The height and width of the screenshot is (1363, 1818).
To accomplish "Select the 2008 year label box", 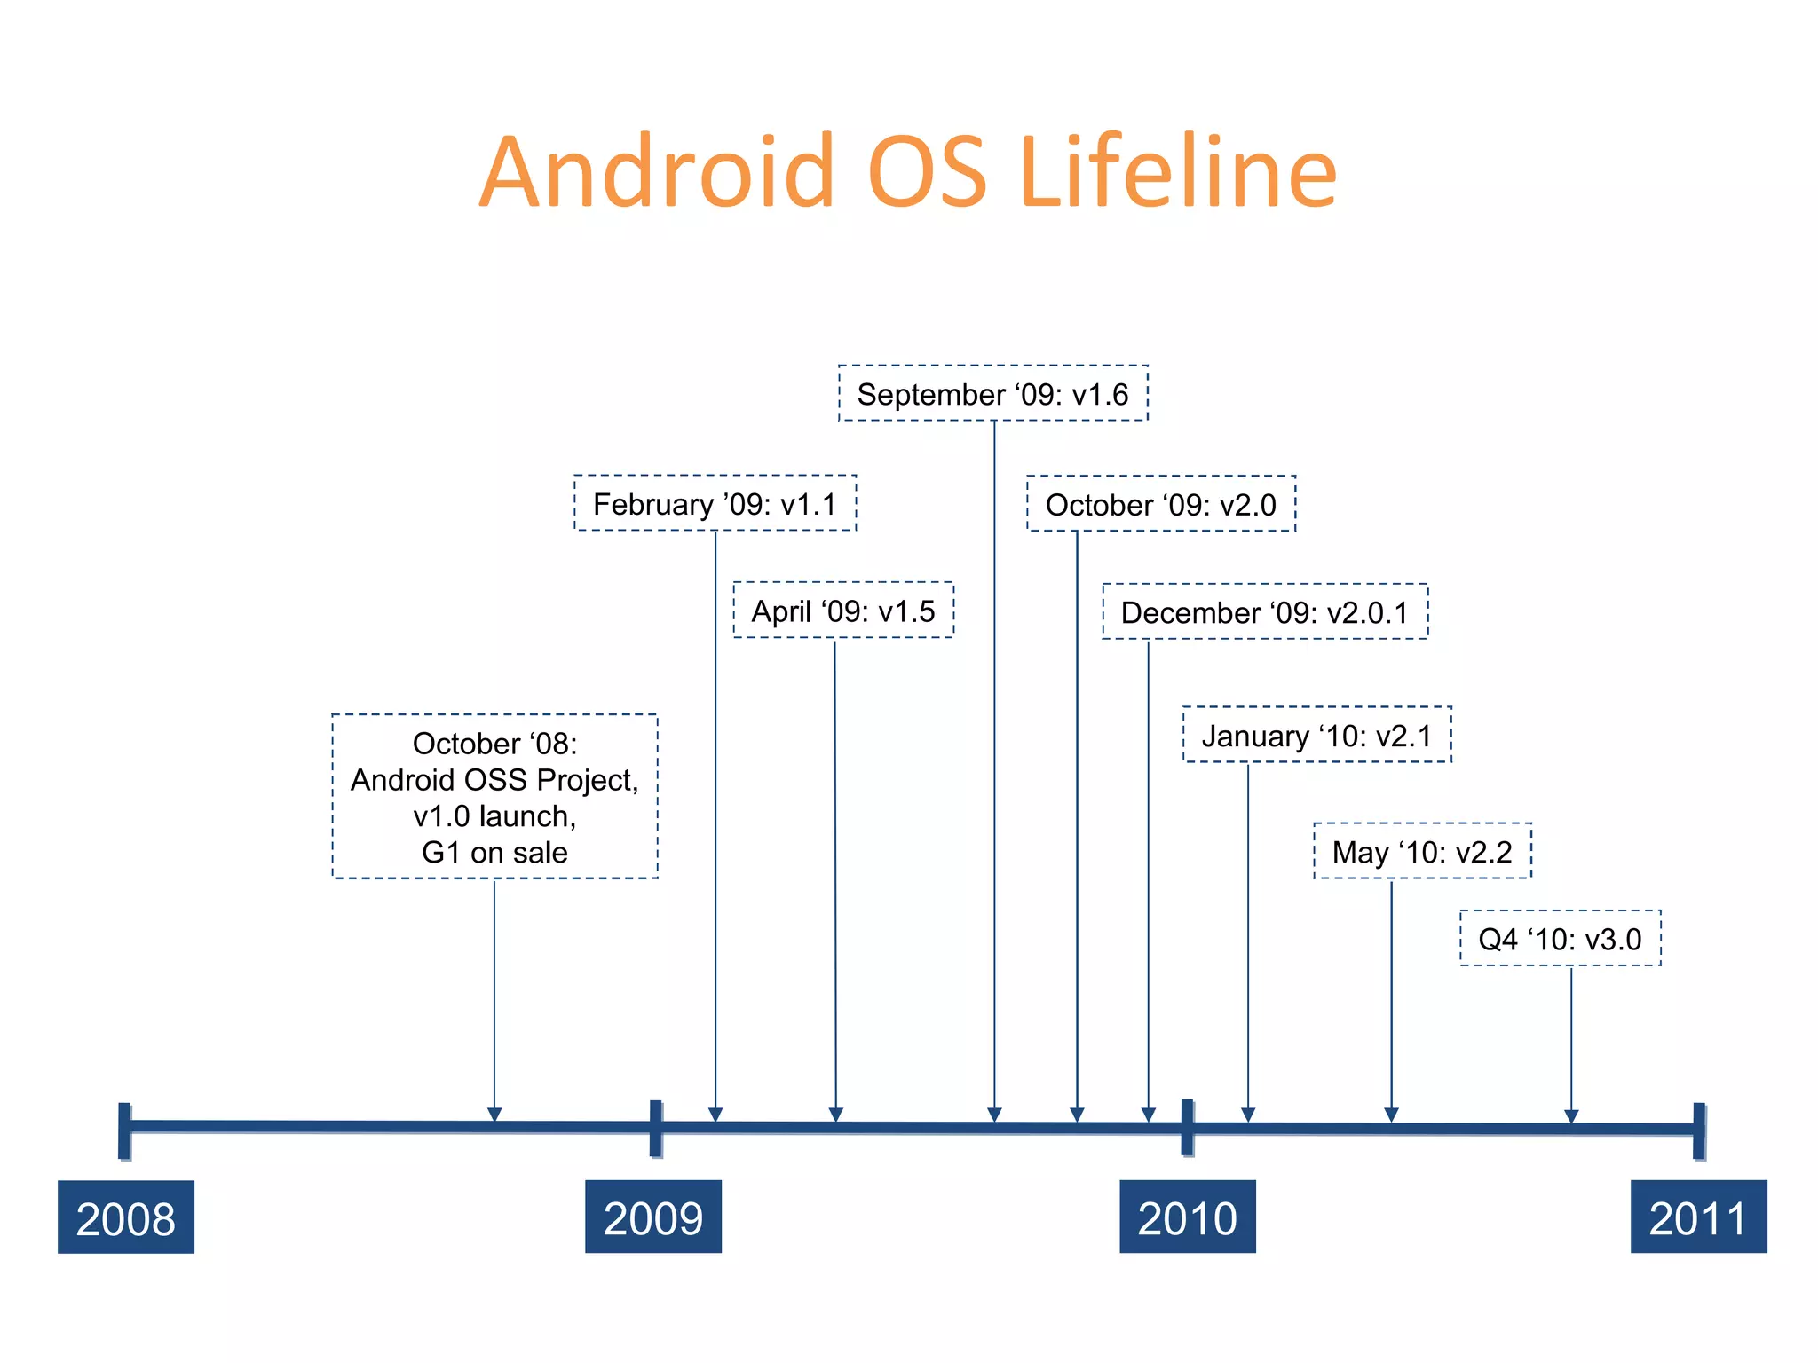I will coord(126,1217).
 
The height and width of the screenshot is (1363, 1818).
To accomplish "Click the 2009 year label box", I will coord(653,1217).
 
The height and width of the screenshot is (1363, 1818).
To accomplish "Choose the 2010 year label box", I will coord(1188,1217).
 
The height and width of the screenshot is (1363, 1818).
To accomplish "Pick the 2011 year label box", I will coord(1698,1217).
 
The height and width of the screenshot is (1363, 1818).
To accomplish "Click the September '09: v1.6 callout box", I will coord(993,393).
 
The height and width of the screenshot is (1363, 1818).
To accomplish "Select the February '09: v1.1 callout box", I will coord(715,503).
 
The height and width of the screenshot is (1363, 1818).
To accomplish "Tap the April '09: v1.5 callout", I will coord(843,611).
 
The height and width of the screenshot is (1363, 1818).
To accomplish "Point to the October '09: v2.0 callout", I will coord(1161,504).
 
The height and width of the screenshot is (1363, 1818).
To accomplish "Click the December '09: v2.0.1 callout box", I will coord(1265,611).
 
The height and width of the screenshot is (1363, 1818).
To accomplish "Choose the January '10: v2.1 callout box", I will coord(1317,735).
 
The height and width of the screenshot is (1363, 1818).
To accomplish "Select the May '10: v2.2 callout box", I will coord(1423,851).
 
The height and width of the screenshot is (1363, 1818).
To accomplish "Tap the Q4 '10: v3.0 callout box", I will coord(1561,938).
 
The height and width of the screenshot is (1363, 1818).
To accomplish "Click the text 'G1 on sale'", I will coord(494,852).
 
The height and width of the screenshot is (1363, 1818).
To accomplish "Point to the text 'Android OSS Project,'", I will coord(494,779).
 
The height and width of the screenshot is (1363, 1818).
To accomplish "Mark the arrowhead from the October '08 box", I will coord(494,1115).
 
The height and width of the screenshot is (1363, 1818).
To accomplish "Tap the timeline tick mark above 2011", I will coord(1699,1131).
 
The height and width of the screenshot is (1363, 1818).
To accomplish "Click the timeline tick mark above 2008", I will coord(124,1131).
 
